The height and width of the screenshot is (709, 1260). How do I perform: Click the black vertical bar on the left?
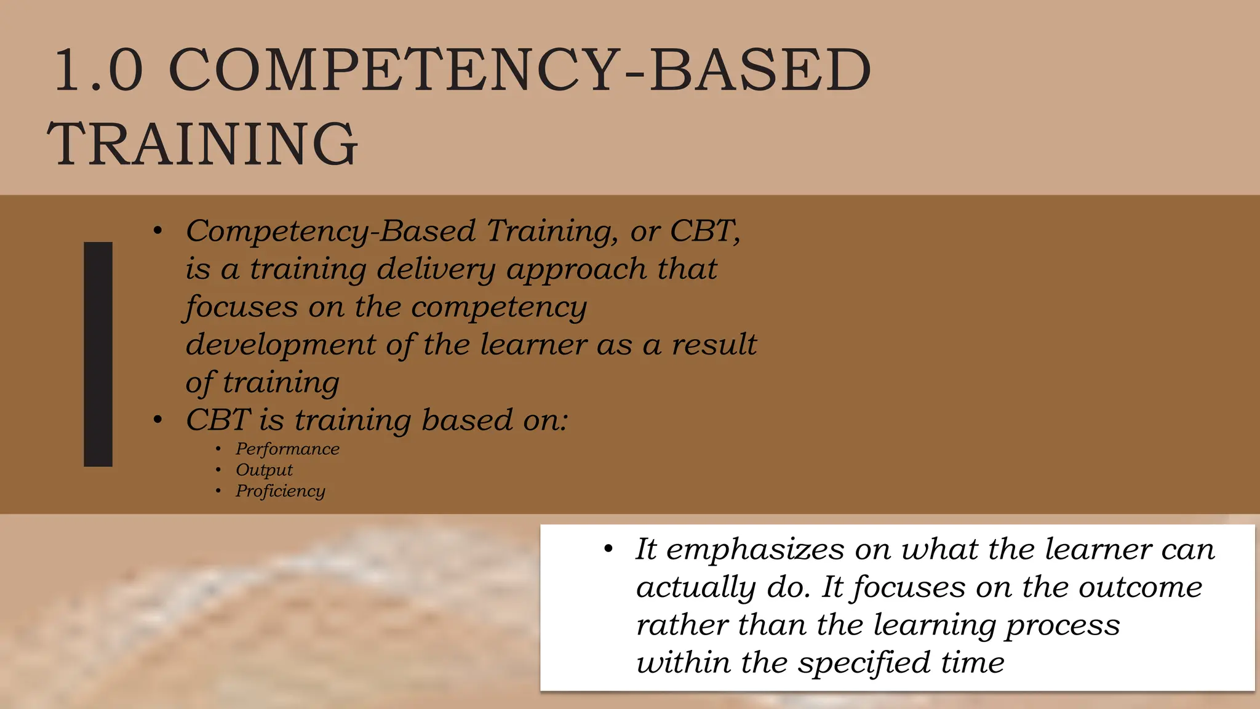(98, 354)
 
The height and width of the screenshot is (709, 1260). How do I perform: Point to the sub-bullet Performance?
(287, 449)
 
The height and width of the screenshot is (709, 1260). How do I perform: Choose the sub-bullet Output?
(264, 470)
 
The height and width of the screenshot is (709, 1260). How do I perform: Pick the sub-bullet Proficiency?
(280, 491)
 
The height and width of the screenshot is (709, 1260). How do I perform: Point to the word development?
(281, 345)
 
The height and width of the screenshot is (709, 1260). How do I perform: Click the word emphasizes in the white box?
(756, 549)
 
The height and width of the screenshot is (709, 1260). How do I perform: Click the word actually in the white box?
(695, 588)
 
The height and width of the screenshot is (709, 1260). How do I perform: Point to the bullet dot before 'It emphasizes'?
(608, 549)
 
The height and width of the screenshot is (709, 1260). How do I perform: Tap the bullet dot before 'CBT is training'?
(158, 420)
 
